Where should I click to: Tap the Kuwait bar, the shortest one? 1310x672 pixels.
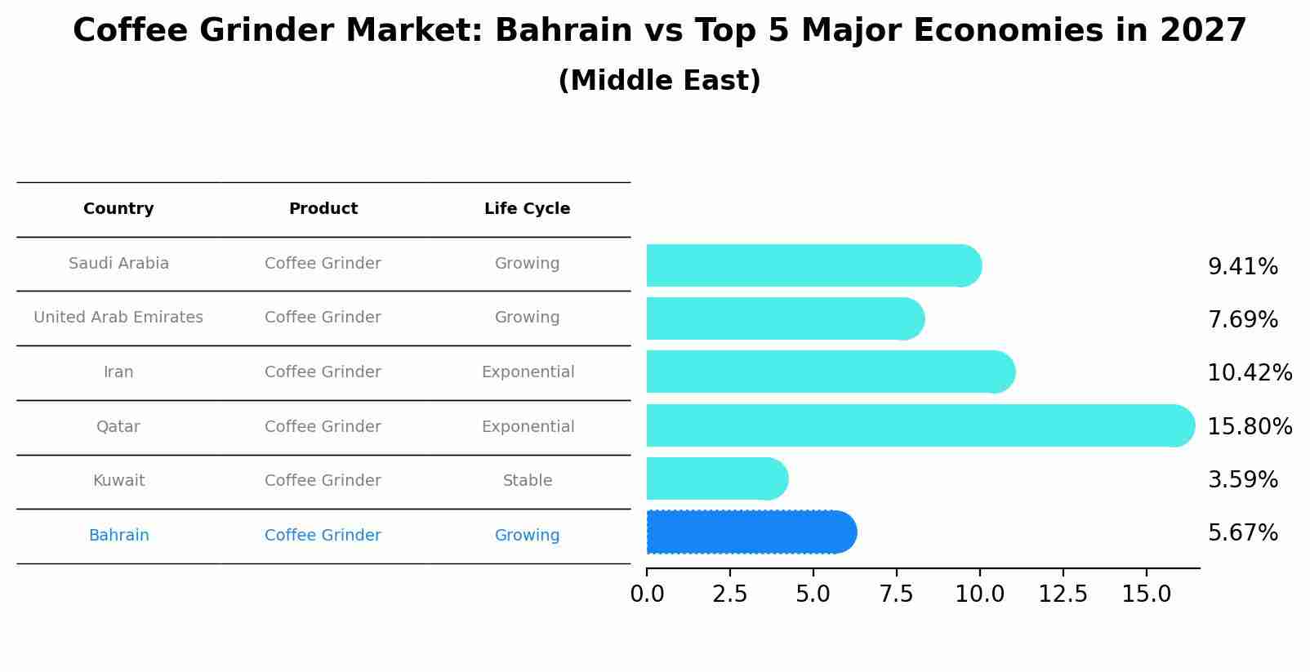point(715,478)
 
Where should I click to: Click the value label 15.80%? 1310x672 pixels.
point(1250,426)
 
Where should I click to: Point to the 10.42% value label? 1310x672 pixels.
point(1250,372)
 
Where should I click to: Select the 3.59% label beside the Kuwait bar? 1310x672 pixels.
point(1242,479)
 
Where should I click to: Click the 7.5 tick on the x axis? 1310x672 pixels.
point(896,594)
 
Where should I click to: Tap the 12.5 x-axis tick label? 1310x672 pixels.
point(1063,594)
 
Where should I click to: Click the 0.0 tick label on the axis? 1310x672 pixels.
point(647,594)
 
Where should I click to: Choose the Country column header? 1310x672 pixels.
point(118,209)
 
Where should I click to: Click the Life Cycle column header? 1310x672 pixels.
point(527,209)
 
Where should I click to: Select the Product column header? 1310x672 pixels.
point(323,209)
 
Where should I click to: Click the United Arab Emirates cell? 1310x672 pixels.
point(118,318)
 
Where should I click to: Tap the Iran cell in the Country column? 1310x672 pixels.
point(118,372)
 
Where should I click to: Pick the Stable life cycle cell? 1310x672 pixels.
point(528,481)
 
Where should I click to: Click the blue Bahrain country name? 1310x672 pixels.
point(118,536)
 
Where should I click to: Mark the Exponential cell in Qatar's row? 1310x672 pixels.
point(528,427)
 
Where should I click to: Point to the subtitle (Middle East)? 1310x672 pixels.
point(659,81)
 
